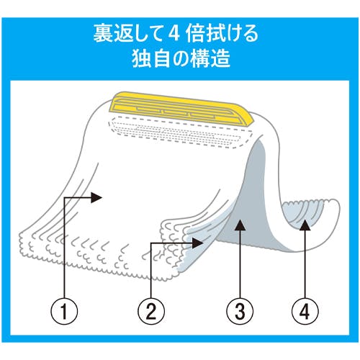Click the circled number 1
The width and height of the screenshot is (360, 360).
[64, 311]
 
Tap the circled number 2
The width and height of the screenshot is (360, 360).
[151, 311]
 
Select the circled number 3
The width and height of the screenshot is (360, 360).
[240, 311]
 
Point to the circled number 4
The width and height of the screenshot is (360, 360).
[305, 311]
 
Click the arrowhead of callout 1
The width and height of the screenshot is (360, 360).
[96, 197]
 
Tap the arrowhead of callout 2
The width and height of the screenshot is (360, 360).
[198, 243]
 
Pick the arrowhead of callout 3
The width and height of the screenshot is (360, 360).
[240, 225]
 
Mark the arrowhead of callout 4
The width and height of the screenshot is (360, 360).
[305, 225]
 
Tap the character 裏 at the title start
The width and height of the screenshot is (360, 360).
[104, 34]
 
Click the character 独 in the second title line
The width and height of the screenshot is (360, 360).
[142, 58]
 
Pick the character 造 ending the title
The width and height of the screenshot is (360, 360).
[220, 58]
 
